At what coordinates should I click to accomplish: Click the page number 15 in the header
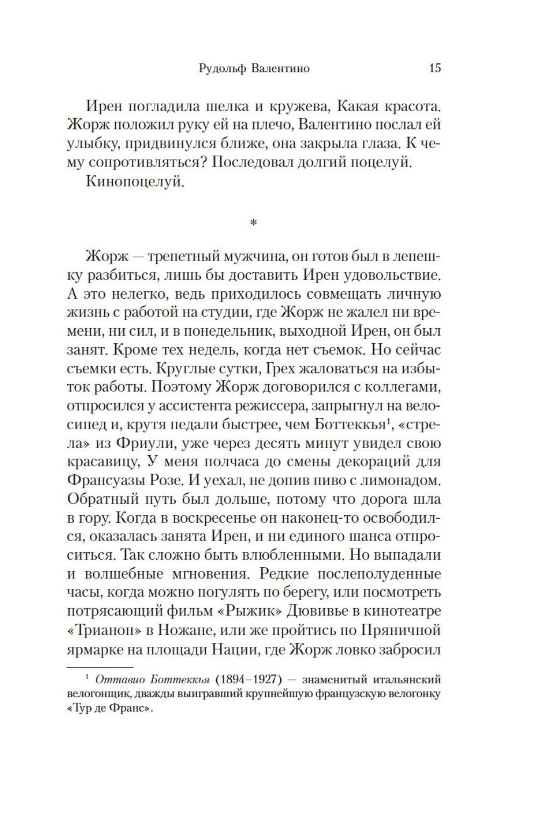tap(435, 68)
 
